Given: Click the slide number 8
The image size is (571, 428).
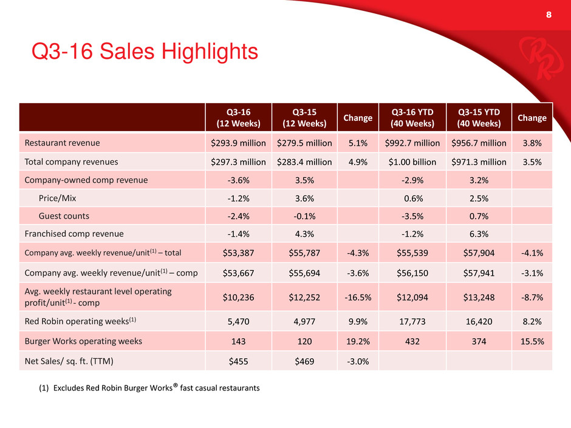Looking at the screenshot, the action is pos(549,15).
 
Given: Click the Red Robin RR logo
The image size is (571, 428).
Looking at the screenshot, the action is pos(537,58).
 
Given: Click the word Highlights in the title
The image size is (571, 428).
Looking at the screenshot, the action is pos(210,52).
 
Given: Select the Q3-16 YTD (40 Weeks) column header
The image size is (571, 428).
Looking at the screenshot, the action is pos(412,118).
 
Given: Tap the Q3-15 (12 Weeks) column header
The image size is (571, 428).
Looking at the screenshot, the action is pos(304,118).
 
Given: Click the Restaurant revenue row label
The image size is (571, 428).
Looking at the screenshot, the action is pos(63,143).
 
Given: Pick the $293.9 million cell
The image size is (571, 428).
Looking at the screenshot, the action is pos(238,143).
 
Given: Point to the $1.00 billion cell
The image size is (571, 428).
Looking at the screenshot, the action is pos(412,162).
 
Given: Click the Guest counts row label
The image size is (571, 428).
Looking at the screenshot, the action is pos(64,216).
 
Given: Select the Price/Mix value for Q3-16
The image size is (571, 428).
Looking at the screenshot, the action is pos(239,199).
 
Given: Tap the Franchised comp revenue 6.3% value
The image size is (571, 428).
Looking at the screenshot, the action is pos(479,234).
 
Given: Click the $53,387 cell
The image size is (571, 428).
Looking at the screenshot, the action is pos(238,253).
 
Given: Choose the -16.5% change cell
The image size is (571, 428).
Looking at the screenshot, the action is pos(358,297).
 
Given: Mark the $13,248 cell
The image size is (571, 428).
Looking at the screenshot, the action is pos(479,297).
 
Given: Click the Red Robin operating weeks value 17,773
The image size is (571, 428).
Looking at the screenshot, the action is pos(412,322).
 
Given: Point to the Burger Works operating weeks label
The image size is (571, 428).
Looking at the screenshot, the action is pos(83,341).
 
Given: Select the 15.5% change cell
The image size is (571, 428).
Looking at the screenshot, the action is pos(532,341).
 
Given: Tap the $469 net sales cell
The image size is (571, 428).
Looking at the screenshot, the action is pos(304,361).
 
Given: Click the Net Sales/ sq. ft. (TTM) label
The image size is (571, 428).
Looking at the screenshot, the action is pos(69,361).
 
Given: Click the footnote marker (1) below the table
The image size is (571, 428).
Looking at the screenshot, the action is pos(44,388).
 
